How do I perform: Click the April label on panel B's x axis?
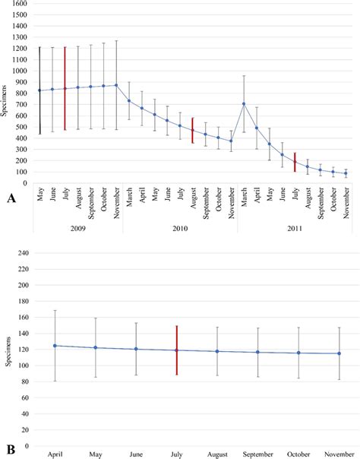(x=55, y=454)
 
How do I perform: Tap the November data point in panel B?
(x=339, y=353)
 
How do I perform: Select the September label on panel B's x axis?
(x=257, y=454)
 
